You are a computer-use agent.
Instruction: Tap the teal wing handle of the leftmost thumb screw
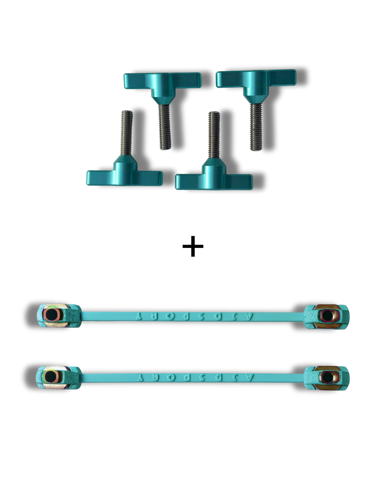[123, 177]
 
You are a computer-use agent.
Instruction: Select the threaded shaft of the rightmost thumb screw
[255, 126]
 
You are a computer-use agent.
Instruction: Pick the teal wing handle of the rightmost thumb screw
[256, 78]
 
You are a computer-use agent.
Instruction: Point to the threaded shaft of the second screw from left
[164, 126]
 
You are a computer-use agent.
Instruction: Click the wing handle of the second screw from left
[161, 80]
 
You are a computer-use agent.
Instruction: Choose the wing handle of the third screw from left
[213, 181]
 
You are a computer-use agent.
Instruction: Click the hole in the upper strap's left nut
[51, 315]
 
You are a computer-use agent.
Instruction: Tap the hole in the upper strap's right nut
[327, 315]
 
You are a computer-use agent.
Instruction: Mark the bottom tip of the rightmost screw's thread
[255, 150]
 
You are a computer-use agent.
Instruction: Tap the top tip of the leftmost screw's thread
[126, 111]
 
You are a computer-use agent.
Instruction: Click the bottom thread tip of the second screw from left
[165, 148]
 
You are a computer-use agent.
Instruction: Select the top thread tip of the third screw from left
[213, 112]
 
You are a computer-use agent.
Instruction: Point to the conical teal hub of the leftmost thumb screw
[125, 162]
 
